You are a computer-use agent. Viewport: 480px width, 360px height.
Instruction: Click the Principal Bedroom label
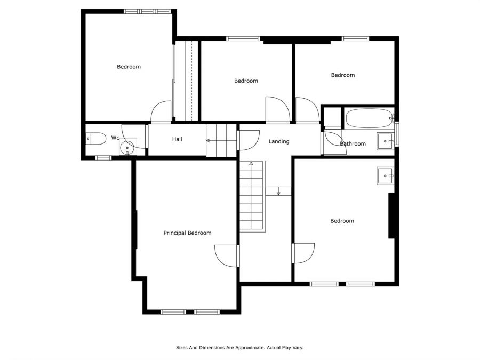[x=187, y=233]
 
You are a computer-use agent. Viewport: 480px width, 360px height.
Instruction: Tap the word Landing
[x=279, y=141]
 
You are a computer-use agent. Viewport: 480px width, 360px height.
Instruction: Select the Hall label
[x=177, y=139]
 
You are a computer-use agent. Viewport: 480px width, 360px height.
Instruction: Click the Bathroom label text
[x=353, y=143]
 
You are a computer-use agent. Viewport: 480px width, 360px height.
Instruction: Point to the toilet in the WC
[x=95, y=139]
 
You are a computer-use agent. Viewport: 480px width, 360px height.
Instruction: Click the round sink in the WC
[x=127, y=147]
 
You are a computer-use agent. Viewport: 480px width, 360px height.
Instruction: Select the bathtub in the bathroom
[x=369, y=118]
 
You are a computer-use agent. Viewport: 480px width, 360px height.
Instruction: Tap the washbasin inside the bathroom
[x=386, y=141]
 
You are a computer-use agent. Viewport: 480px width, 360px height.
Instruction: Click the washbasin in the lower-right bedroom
[x=386, y=175]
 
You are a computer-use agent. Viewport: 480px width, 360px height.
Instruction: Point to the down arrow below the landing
[x=278, y=191]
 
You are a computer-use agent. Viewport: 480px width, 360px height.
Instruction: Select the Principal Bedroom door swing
[x=227, y=256]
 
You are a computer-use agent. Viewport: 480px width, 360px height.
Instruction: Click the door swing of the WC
[x=134, y=137]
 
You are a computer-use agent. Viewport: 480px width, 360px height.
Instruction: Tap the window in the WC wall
[x=103, y=158]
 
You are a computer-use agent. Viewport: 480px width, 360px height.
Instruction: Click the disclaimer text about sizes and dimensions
[x=239, y=347]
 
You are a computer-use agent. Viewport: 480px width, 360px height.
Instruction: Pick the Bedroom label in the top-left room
[x=129, y=67]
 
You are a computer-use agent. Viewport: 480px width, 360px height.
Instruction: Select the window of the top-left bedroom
[x=147, y=11]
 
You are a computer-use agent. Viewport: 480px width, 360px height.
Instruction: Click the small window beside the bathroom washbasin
[x=397, y=134]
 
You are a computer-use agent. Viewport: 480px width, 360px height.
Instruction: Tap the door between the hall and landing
[x=248, y=140]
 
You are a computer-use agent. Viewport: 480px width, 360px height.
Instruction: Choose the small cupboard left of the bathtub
[x=332, y=116]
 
